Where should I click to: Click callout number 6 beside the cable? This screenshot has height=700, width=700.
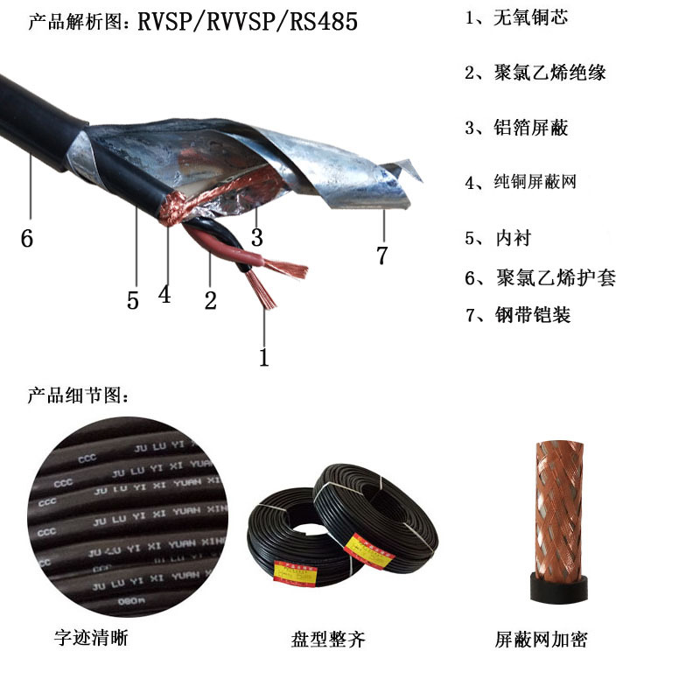coord(27,237)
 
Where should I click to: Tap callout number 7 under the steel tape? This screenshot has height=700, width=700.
coord(381,255)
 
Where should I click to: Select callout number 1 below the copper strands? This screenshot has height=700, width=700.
coord(263,356)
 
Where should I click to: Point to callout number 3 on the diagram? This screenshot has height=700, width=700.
coord(256,237)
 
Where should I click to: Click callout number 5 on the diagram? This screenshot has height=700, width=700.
coord(132,301)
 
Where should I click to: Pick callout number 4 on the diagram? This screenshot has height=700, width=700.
coord(164,294)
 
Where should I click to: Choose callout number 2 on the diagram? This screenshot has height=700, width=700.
coord(210,301)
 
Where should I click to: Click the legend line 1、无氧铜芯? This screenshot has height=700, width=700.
coord(515,17)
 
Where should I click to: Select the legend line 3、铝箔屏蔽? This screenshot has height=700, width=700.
coord(515,128)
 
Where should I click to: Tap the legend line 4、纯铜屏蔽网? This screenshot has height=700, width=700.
coord(521,183)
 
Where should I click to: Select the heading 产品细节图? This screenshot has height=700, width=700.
coord(79,395)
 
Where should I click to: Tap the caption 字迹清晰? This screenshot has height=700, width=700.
coord(91,638)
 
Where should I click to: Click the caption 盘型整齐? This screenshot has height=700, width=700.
coord(327,640)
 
